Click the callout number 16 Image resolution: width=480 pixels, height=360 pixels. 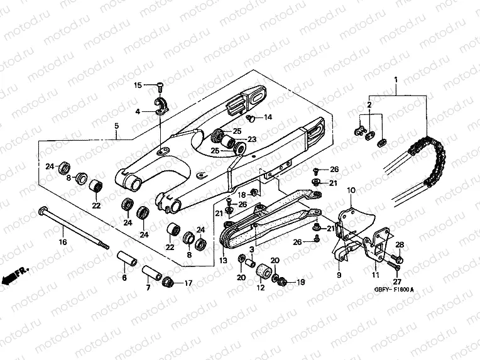[62, 242]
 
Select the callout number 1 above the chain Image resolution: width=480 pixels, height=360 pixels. [396, 80]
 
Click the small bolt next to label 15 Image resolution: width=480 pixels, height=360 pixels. [160, 85]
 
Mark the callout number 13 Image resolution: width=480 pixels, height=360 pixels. [222, 260]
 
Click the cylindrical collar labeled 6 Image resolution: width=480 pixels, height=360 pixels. [123, 258]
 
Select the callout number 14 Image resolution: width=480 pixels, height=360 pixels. [267, 117]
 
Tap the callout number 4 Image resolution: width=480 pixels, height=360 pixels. [138, 112]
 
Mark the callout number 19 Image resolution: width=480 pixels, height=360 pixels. [301, 283]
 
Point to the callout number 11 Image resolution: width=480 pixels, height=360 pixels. [375, 275]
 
